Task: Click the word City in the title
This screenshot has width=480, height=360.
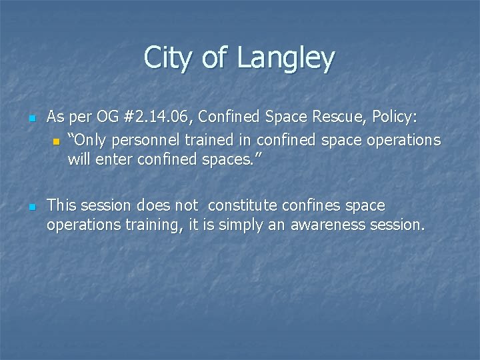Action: coord(164,58)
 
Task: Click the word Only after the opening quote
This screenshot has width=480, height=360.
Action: coord(90,140)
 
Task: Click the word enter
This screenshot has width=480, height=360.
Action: coord(116,159)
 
